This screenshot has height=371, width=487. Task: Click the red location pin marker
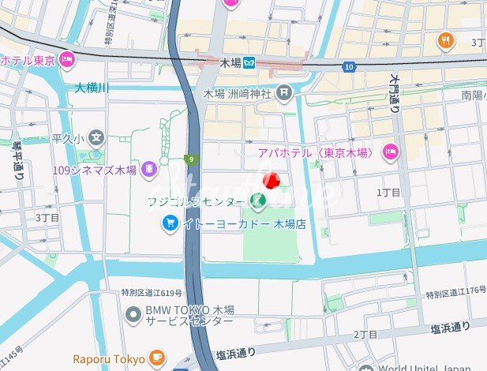coord(270,181)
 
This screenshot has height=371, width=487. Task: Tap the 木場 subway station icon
coord(249,63)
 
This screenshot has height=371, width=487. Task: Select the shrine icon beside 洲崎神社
coord(285,93)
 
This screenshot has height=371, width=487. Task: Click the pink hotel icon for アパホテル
coord(390,152)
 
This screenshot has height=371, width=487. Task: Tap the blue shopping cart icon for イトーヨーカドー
coord(170,224)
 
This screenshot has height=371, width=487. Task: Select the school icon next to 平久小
coord(96,138)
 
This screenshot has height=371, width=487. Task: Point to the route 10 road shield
coord(349,68)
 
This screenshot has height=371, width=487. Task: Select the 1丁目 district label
coord(388,192)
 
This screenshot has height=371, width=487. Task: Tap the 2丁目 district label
coord(365,335)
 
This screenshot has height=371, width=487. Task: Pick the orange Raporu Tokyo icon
coord(156,358)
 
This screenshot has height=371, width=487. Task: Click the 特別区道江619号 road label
coord(152,293)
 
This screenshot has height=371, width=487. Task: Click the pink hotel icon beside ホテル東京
coord(67,58)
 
